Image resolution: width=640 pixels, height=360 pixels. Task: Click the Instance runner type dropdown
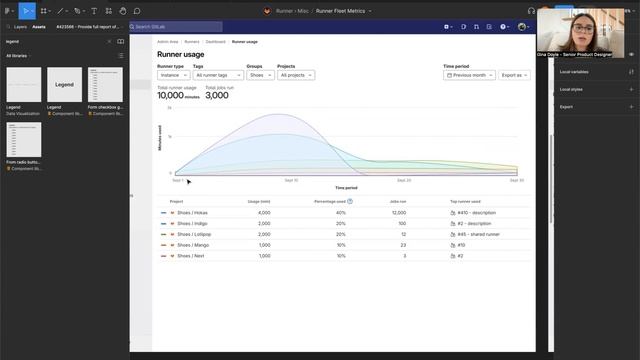point(172,75)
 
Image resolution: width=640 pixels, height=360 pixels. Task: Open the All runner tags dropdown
point(217,75)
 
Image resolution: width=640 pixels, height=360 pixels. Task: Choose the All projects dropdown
point(295,75)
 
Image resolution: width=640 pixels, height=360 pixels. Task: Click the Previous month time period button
point(468,75)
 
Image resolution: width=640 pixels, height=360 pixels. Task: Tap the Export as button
point(514,75)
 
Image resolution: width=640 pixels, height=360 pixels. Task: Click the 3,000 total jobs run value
point(216,96)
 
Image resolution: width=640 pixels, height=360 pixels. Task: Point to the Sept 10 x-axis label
point(291,180)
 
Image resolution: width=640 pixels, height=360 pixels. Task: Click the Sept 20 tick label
point(404,180)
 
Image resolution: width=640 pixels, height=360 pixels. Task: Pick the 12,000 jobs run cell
point(399,213)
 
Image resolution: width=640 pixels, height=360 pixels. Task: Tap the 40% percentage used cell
point(340,213)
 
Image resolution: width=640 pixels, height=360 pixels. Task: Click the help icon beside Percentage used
point(350,201)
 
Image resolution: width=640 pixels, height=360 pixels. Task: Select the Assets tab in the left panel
point(39,27)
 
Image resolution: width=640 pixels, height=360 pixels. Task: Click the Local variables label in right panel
point(573,72)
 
